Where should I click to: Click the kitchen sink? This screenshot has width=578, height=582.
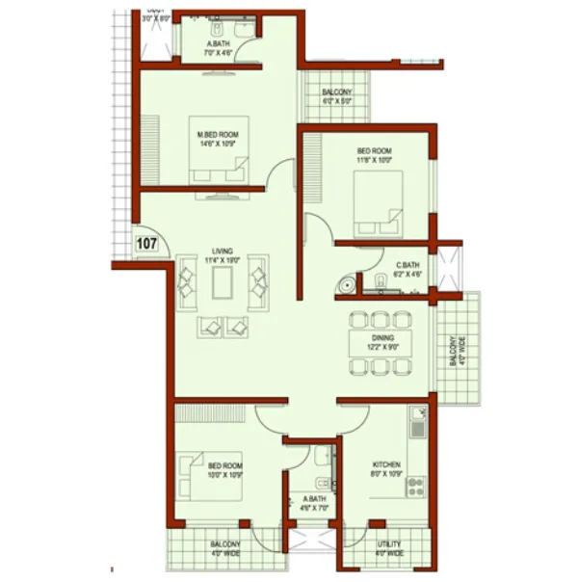click(x=418, y=420)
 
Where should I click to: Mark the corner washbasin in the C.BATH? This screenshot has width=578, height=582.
click(x=344, y=283)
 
